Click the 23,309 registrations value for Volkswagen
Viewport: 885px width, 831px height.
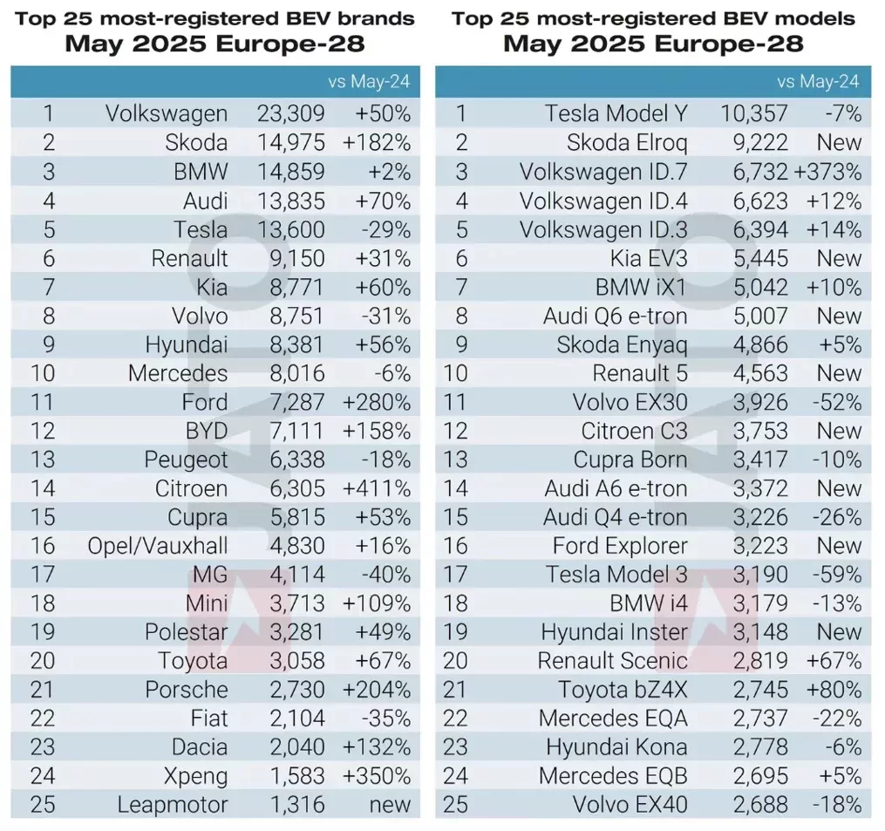[290, 113]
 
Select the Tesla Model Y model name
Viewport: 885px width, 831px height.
[616, 113]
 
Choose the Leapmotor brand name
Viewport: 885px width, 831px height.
[173, 805]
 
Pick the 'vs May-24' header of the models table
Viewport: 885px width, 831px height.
[818, 82]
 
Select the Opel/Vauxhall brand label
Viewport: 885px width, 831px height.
[158, 546]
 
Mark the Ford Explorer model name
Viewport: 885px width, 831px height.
[620, 546]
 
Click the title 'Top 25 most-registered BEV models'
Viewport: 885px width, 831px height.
[653, 18]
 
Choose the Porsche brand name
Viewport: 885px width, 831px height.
[187, 690]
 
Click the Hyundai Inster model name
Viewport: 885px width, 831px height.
[614, 632]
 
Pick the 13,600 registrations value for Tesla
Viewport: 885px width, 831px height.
[290, 229]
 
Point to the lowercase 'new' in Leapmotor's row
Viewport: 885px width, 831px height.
[390, 805]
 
